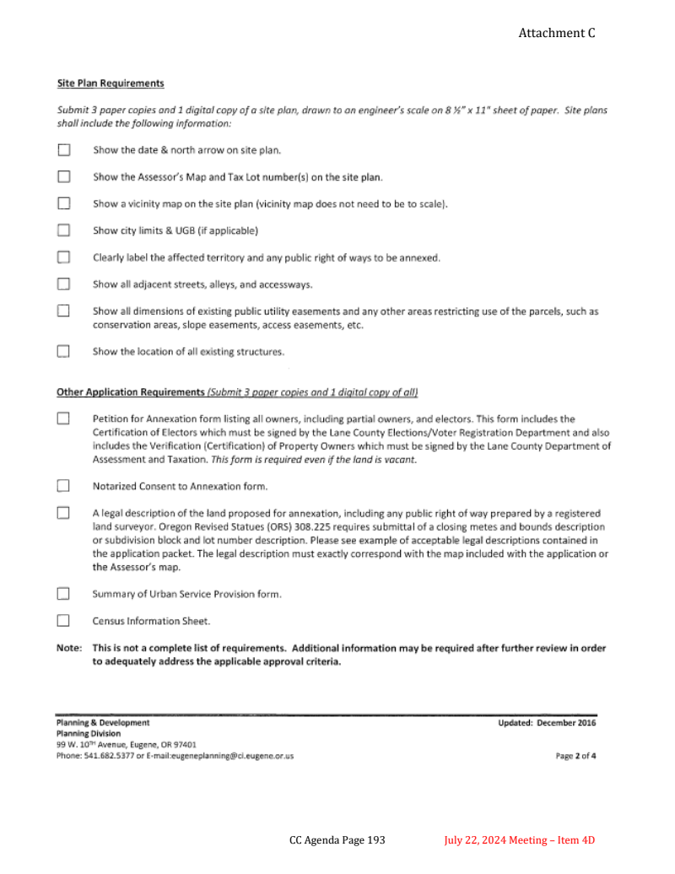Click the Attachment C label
point(557,33)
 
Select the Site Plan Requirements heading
point(110,84)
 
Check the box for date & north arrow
point(63,150)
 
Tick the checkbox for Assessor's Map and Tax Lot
point(63,177)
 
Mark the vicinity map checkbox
point(63,203)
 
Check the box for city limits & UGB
point(63,230)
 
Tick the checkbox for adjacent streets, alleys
point(63,283)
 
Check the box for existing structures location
point(63,351)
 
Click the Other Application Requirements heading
point(131,392)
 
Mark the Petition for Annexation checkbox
point(63,418)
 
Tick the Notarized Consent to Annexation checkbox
point(63,486)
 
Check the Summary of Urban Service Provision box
point(63,593)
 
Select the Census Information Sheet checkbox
point(63,621)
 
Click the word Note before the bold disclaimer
point(68,648)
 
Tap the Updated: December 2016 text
point(547,723)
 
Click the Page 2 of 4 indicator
point(576,756)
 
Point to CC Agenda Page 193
point(337,840)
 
